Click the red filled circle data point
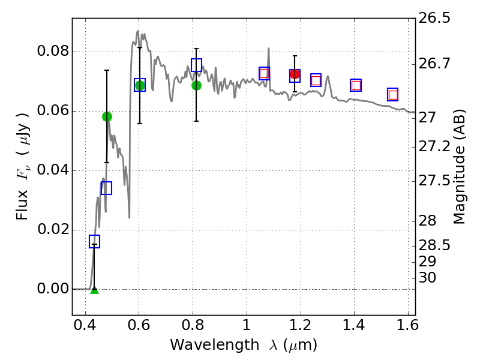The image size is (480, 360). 295,74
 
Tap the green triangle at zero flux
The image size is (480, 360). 94,290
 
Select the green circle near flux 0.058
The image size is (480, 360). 107,116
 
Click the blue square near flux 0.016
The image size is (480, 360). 94,241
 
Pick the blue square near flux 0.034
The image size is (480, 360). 106,188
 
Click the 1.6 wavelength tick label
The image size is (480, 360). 407,329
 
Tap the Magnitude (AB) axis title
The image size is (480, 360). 460,166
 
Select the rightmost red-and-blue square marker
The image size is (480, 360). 393,95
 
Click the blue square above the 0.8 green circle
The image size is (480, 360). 196,65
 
